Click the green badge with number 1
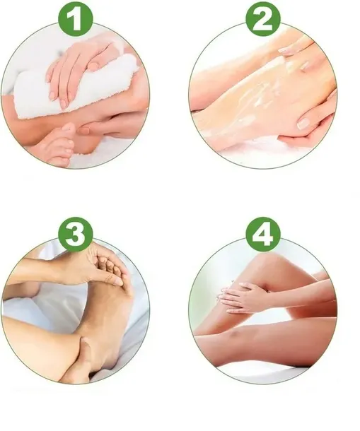[76, 18]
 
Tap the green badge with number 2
[263, 18]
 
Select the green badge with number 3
[76, 234]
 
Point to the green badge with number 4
[263, 234]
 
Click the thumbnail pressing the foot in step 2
[304, 123]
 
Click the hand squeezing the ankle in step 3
[80, 360]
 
